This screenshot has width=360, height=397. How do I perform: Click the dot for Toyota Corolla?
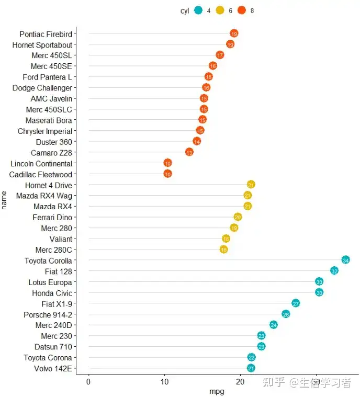tap(345, 260)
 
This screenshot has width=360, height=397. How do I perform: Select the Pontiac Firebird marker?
tap(234, 33)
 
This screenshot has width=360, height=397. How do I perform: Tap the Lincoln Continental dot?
tap(167, 163)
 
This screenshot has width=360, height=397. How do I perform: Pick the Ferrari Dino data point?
tap(238, 217)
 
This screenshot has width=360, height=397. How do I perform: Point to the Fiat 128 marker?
tap(334, 271)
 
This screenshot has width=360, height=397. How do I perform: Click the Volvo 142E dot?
tap(251, 368)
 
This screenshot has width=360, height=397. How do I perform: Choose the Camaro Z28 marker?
tap(189, 152)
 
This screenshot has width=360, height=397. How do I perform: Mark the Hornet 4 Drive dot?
tap(251, 185)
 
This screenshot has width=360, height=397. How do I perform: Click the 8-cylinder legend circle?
tap(242, 10)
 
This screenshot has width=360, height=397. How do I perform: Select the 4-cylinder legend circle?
tap(198, 10)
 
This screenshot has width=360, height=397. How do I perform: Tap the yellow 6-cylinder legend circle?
tap(220, 10)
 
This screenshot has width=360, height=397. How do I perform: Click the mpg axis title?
tap(217, 392)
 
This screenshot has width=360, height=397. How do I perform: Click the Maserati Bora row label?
tap(49, 120)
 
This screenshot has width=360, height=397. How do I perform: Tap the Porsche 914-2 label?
tap(48, 314)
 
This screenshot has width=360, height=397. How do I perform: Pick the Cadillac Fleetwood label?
tap(41, 174)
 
